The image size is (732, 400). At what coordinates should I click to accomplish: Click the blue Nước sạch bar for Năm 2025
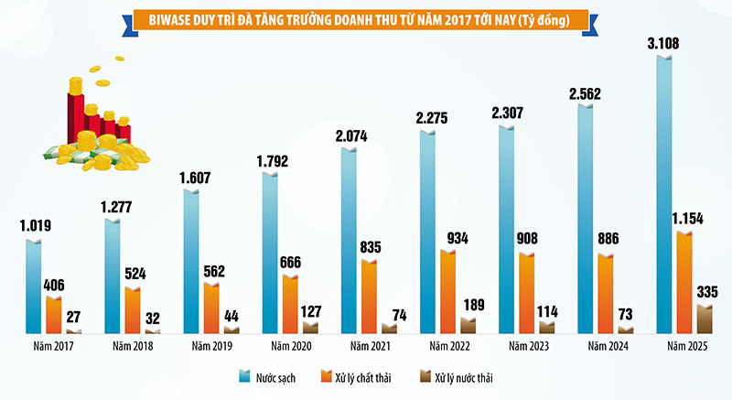[x=665, y=197]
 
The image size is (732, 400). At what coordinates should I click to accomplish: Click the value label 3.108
[x=664, y=42]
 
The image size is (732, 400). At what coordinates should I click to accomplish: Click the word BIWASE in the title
[x=158, y=17]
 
